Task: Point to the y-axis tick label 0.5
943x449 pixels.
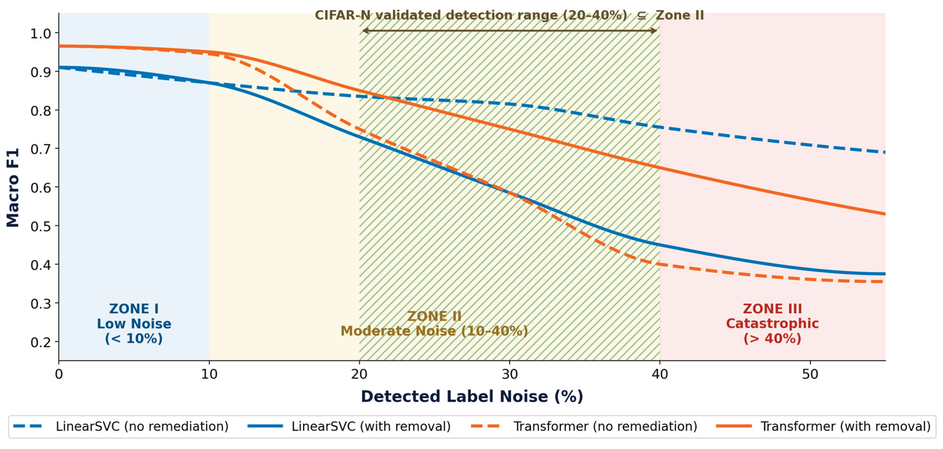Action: coord(40,226)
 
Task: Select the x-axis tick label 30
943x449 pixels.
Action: coord(510,374)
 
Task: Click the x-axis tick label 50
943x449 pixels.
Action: coord(810,374)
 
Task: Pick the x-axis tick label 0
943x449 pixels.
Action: coord(59,374)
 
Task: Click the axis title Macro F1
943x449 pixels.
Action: coord(13,188)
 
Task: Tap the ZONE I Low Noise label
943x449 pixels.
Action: coord(134,324)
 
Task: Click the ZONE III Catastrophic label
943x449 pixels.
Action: coord(772,324)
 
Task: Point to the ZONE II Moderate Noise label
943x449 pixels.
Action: coord(434,324)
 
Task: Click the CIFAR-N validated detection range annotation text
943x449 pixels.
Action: coord(509,15)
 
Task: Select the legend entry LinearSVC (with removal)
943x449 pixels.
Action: coord(349,426)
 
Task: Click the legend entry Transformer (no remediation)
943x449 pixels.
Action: coord(584,426)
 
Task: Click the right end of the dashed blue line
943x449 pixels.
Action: coord(885,152)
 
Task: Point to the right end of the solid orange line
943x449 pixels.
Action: coord(885,214)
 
